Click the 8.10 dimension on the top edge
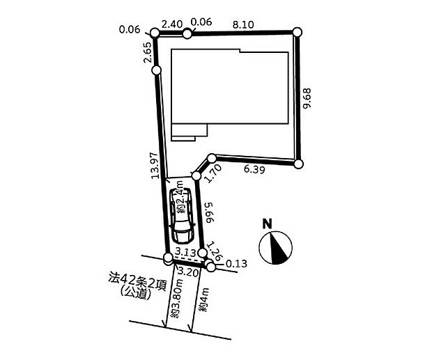click(243, 25)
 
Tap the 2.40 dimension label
click(172, 24)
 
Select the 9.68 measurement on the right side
click(307, 98)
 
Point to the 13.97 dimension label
click(155, 166)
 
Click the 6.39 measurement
click(254, 169)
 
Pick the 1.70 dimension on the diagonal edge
click(213, 173)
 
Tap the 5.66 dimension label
click(210, 212)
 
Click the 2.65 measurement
click(148, 52)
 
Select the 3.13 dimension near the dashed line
click(186, 252)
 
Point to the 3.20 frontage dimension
click(188, 272)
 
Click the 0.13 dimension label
click(236, 264)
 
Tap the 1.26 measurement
click(215, 251)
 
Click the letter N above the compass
click(267, 224)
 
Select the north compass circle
click(275, 248)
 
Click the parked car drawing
click(182, 215)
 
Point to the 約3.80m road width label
click(176, 302)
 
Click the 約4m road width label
click(204, 299)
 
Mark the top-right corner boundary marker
click(297, 32)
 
